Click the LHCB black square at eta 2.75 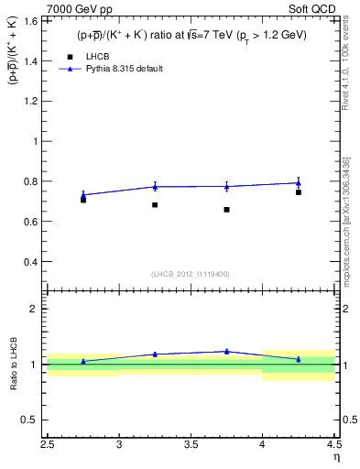[83, 199]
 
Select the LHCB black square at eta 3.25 [155, 204]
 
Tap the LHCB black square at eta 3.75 [226, 210]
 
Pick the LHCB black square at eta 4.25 [299, 192]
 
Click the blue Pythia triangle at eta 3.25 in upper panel [155, 187]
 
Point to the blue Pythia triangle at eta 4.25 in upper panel [299, 182]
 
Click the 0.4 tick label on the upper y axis [33, 261]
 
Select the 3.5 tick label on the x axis [191, 446]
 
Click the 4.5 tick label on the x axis [333, 446]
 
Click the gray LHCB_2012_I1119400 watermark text [191, 274]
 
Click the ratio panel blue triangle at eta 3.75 [226, 351]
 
